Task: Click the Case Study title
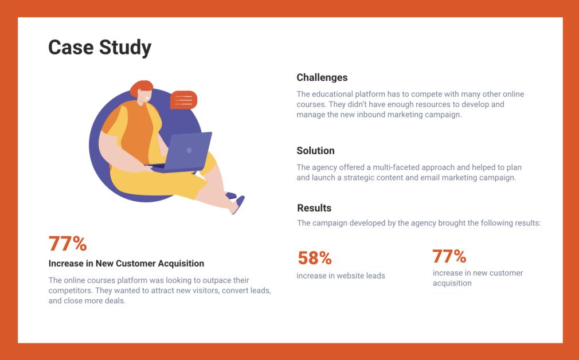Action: [x=100, y=48]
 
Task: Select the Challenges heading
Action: [x=322, y=77]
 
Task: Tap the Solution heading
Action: [x=316, y=151]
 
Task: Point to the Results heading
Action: [x=314, y=208]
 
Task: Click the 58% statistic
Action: [x=315, y=258]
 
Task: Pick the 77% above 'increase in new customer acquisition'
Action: [x=449, y=256]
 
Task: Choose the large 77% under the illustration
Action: [x=68, y=244]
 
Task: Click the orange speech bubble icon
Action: [x=183, y=100]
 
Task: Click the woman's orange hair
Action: [x=141, y=88]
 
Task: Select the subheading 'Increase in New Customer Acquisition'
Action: [x=126, y=264]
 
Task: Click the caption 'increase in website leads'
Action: [x=341, y=276]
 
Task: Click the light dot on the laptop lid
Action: [x=189, y=150]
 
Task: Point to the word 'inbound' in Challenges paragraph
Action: [x=370, y=115]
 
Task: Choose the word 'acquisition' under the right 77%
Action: [x=452, y=284]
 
